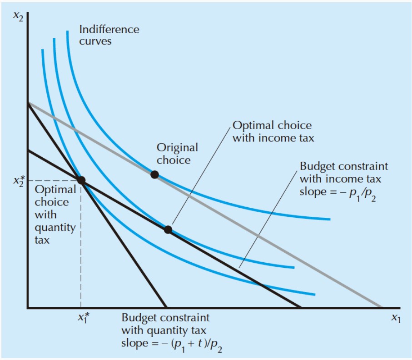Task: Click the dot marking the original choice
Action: click(154, 175)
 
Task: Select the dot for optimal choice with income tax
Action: click(168, 230)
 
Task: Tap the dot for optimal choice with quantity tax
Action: click(81, 180)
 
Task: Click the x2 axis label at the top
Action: click(18, 16)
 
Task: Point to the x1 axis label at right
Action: click(396, 318)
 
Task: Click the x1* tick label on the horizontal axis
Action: click(84, 318)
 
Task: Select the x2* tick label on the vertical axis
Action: click(19, 181)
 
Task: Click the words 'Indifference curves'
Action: click(109, 35)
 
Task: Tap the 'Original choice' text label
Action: click(177, 154)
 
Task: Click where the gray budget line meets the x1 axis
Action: click(380, 307)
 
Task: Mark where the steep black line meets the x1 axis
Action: click(166, 307)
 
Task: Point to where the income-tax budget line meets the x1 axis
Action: click(300, 307)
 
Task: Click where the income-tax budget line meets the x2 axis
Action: click(28, 150)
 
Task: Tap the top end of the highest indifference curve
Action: click(68, 31)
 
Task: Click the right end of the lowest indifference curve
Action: click(314, 295)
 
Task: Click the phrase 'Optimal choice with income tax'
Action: click(273, 131)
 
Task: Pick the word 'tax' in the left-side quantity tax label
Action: click(42, 240)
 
